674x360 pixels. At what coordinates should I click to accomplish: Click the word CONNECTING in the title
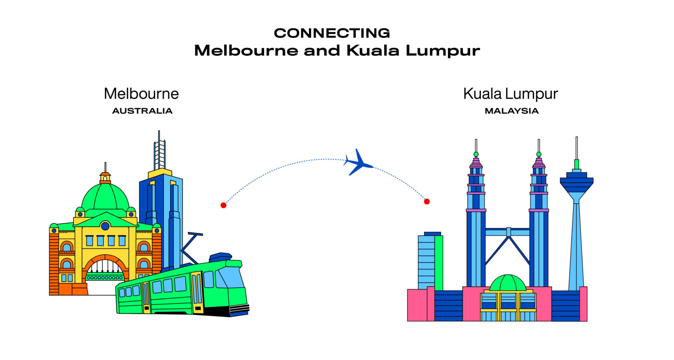tap(332, 33)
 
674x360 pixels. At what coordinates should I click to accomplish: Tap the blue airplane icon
tap(358, 163)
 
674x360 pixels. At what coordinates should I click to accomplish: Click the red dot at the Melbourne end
tap(223, 205)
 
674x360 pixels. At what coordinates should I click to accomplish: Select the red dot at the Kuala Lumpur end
tap(427, 201)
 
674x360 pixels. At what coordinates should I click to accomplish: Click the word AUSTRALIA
tap(142, 111)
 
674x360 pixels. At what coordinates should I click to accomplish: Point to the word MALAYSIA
tap(511, 111)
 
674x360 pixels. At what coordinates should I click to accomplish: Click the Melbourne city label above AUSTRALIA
tap(142, 94)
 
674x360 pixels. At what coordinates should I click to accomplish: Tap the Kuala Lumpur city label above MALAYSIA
tap(511, 94)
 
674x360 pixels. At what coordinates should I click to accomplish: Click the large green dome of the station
tap(105, 197)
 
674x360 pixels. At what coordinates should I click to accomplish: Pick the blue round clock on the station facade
tap(105, 226)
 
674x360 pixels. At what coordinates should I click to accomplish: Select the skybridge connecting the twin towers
tap(508, 232)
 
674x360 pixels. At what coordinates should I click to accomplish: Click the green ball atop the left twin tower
tap(476, 154)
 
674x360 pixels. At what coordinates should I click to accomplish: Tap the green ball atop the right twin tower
tap(539, 154)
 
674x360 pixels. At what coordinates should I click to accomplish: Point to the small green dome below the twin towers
tap(508, 283)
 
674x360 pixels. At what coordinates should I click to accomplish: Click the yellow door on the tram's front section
tap(197, 293)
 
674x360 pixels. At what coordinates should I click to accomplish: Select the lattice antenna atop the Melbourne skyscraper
tap(160, 150)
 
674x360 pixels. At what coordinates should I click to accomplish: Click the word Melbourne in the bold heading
tap(246, 50)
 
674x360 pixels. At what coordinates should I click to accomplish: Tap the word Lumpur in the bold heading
tap(443, 51)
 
